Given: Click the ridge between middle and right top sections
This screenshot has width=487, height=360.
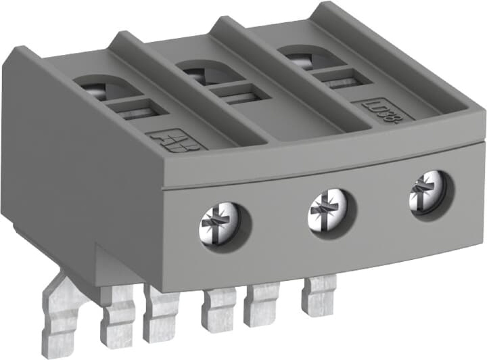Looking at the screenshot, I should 292,73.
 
